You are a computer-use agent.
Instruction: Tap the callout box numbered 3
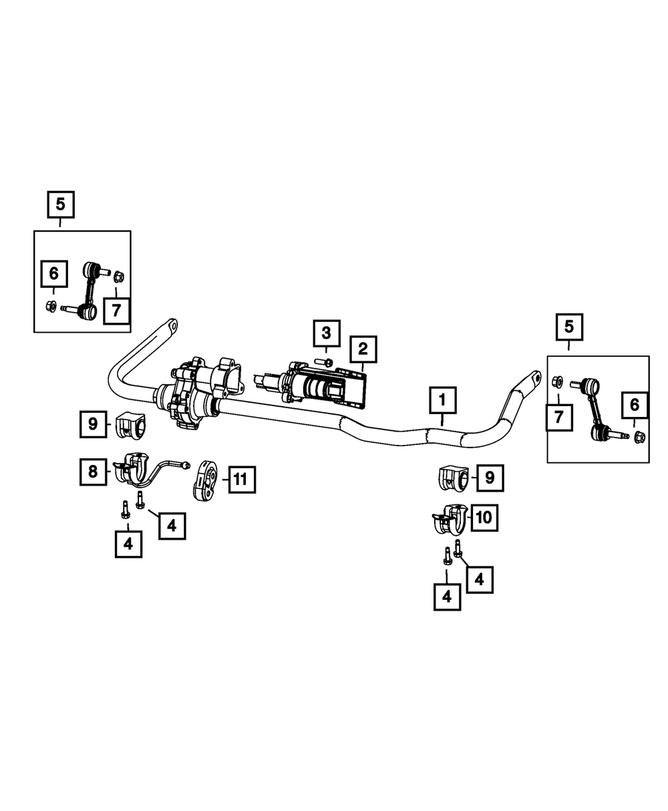tap(326, 333)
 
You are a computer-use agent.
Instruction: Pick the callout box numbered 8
tap(92, 471)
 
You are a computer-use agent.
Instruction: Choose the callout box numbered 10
tap(485, 516)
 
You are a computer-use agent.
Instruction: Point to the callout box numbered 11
tap(241, 478)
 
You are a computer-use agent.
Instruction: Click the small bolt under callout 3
tap(325, 362)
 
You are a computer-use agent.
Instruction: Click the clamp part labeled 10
tap(448, 520)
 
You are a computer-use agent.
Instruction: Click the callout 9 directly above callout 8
tap(93, 424)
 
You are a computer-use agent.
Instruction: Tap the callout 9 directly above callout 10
tap(490, 477)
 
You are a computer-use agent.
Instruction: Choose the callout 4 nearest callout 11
tap(172, 526)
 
